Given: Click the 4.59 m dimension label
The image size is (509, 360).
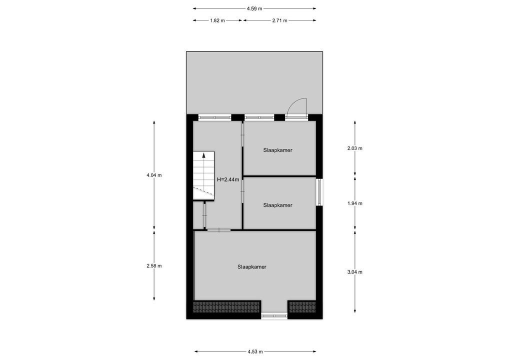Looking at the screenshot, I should click(x=254, y=8).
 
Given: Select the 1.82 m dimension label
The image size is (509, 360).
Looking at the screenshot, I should click(x=217, y=20).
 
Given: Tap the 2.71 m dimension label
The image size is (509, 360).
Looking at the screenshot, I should click(x=280, y=20).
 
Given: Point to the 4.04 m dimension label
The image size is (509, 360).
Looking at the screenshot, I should click(x=154, y=175).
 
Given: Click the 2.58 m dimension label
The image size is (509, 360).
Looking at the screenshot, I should click(x=154, y=266).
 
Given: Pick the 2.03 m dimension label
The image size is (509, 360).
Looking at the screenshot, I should click(x=354, y=148).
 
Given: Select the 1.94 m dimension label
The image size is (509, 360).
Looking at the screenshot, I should click(x=354, y=203).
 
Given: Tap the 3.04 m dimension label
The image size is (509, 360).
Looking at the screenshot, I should click(x=354, y=272).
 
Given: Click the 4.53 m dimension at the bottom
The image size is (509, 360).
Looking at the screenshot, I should click(x=255, y=351).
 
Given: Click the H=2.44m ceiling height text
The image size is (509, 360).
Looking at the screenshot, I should click(x=227, y=179).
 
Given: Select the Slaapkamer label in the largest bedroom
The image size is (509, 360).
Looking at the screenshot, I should click(x=252, y=267).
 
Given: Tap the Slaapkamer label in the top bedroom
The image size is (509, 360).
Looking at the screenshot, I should click(x=277, y=150).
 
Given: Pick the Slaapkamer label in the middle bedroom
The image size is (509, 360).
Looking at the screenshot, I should click(x=277, y=205).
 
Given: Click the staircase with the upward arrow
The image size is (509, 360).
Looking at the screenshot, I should click(x=203, y=175).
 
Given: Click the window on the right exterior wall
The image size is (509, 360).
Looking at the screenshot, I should click(x=319, y=192).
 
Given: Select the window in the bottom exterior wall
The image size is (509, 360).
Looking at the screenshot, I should click(x=274, y=316).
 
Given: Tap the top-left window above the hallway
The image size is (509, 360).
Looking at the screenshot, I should click(x=214, y=117).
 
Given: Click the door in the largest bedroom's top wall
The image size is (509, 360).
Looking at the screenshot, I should click(x=218, y=230).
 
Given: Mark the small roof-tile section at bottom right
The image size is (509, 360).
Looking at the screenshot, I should click(x=302, y=306).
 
